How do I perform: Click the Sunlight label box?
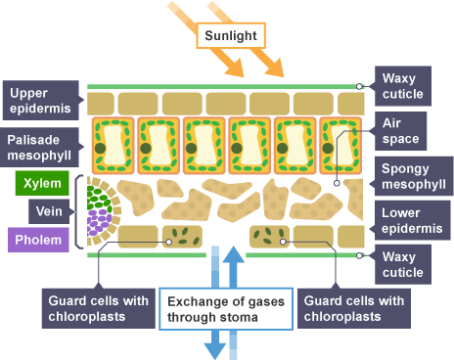pyautogui.click(x=231, y=35)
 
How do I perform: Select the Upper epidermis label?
pyautogui.click(x=41, y=101)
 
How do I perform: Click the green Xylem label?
pyautogui.click(x=42, y=183)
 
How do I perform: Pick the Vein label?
pyautogui.click(x=49, y=211)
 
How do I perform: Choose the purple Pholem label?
pyautogui.click(x=38, y=240)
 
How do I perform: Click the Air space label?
pyautogui.click(x=400, y=131)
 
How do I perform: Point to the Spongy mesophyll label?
pyautogui.click(x=414, y=176)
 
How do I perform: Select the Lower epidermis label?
pyautogui.click(x=412, y=220)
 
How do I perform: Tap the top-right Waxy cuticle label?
pyautogui.click(x=403, y=86)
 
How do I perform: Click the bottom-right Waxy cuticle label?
pyautogui.click(x=403, y=264)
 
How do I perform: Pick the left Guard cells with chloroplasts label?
pyautogui.click(x=99, y=308)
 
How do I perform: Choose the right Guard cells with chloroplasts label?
pyautogui.click(x=354, y=308)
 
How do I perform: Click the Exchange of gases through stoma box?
pyautogui.click(x=226, y=309)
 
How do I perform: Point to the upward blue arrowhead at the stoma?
pyautogui.click(x=233, y=254)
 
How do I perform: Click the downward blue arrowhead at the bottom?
pyautogui.click(x=215, y=351)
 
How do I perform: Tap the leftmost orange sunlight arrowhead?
pyautogui.click(x=236, y=67)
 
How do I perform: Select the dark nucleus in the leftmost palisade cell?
pyautogui.click(x=100, y=148)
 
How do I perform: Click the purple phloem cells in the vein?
pyautogui.click(x=98, y=222)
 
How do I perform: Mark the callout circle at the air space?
pyautogui.click(x=337, y=183)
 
